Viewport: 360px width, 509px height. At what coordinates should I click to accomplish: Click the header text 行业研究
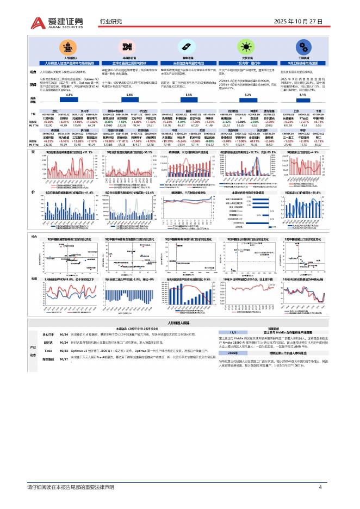111,22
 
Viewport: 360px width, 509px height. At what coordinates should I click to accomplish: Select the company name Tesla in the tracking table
48,336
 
